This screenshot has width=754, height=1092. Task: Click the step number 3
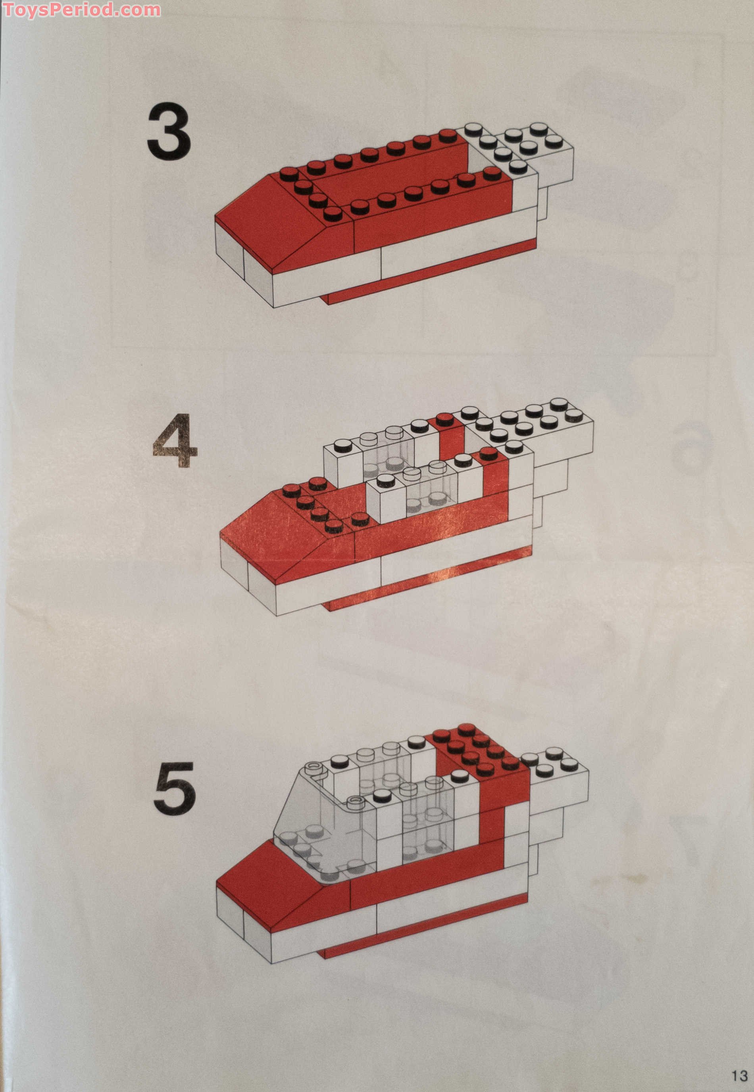point(169,132)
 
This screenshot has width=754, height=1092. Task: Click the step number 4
point(175,440)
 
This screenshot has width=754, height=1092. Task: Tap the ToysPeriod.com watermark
point(81,10)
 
